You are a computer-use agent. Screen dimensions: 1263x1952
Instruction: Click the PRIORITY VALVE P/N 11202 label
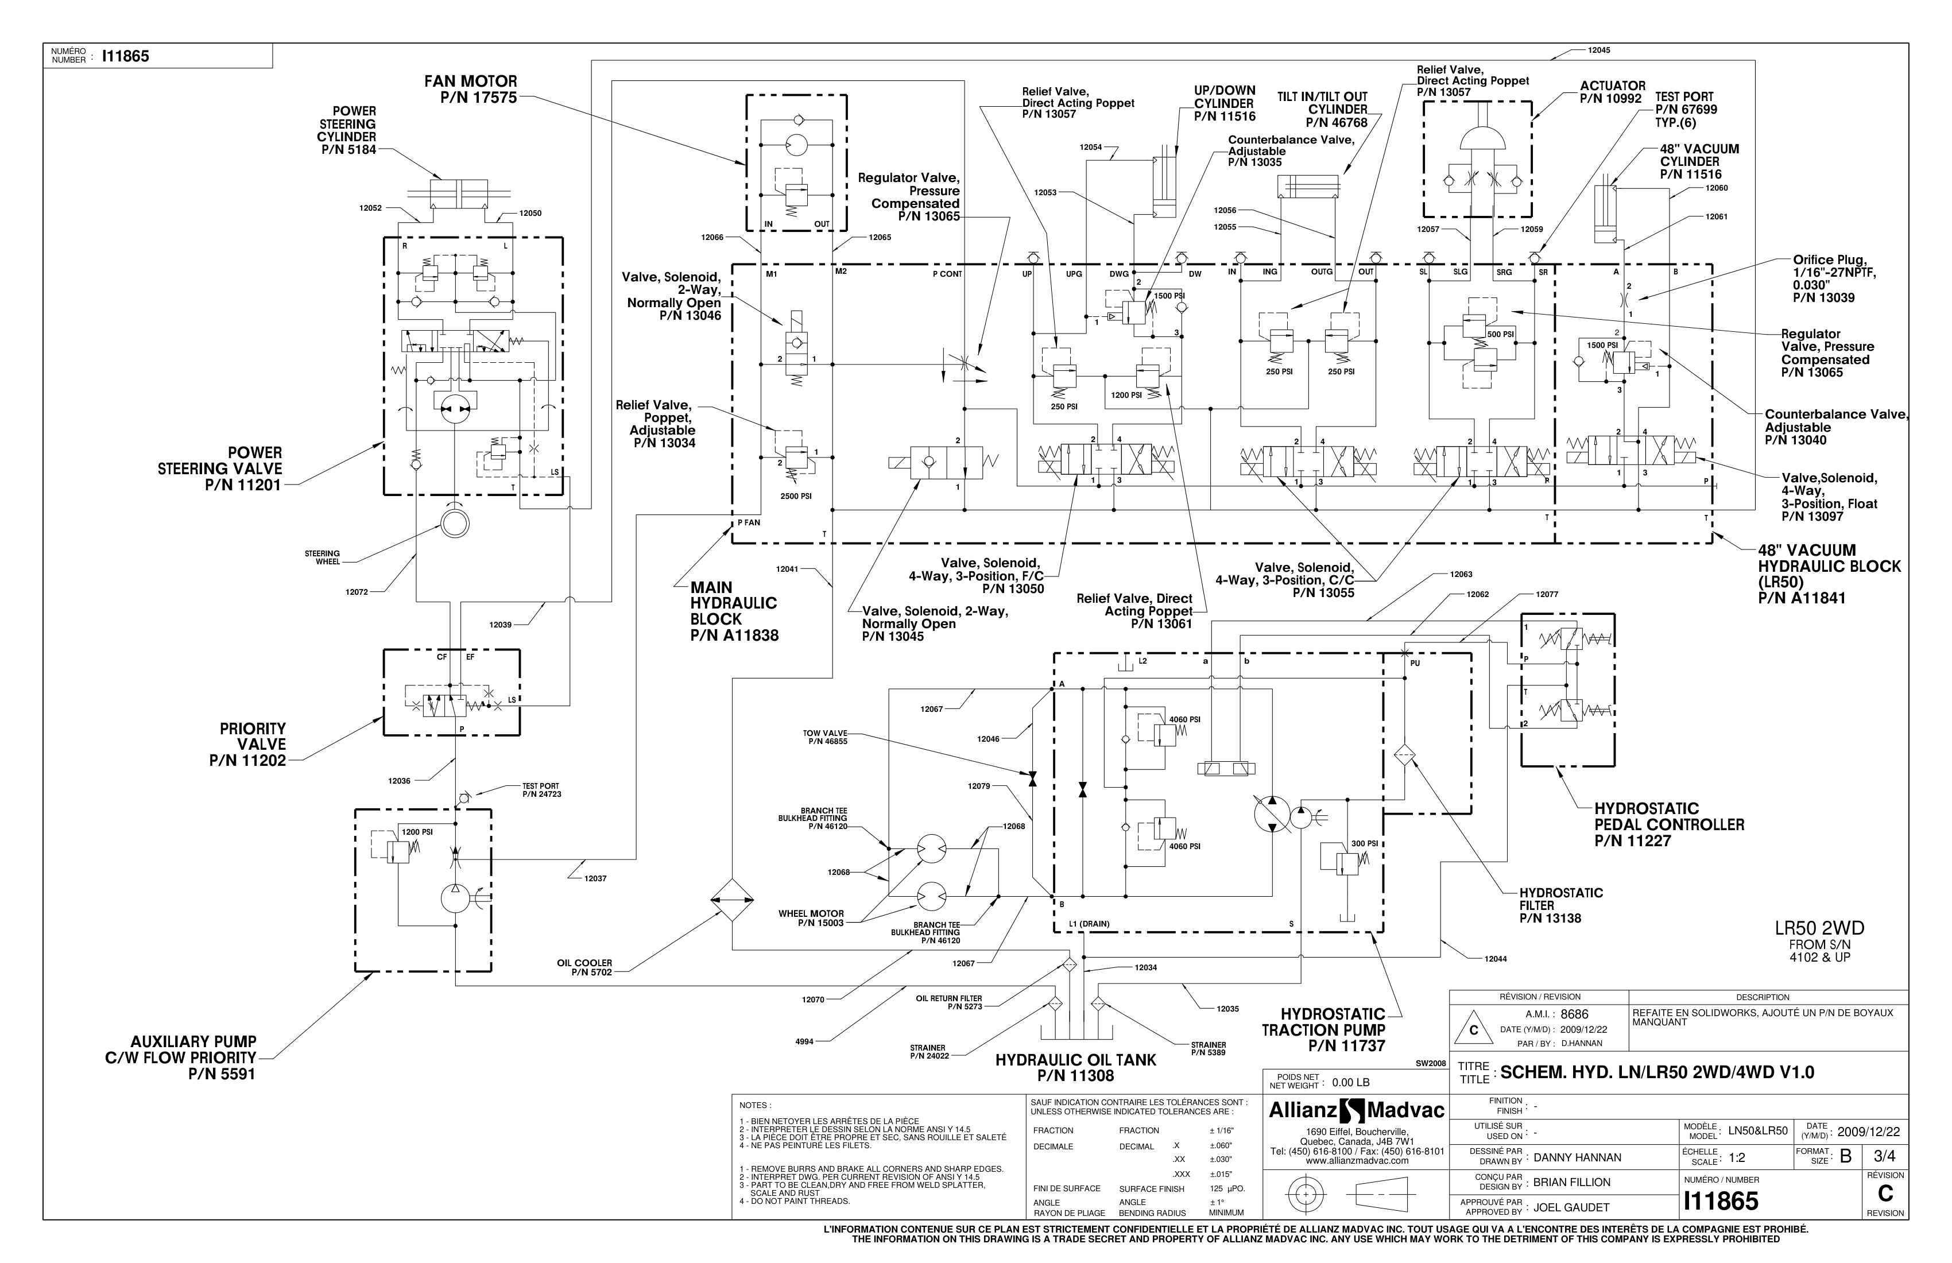(249, 745)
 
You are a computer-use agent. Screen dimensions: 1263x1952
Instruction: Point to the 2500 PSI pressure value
(796, 496)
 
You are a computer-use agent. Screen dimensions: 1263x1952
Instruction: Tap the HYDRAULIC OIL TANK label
(1075, 1068)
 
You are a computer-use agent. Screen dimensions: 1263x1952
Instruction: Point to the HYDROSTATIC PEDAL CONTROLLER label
(1668, 824)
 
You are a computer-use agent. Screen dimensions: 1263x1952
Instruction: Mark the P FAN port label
(748, 522)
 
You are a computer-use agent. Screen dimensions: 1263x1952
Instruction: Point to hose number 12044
(1495, 959)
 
